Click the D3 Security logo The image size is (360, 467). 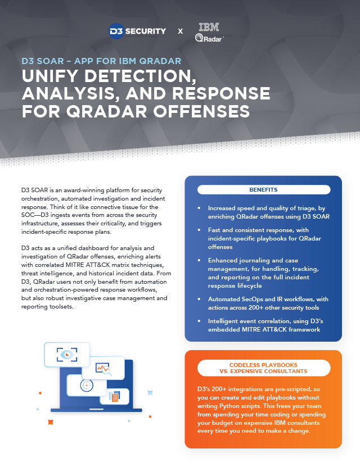point(137,31)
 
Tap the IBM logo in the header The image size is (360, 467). point(209,27)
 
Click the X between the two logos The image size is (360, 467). point(181,31)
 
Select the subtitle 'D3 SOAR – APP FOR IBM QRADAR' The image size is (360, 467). point(101,61)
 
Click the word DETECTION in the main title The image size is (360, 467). point(141,76)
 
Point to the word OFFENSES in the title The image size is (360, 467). point(201,111)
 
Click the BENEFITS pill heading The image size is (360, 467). point(264,190)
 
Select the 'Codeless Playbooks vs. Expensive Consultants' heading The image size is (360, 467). point(264,368)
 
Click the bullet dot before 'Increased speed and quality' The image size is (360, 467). point(199,208)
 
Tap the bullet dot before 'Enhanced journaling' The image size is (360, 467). point(199,260)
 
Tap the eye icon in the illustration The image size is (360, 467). point(67,355)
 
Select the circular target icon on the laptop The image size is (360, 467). point(87,386)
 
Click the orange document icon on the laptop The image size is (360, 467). point(114,396)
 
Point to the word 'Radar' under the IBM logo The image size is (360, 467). point(213,39)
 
